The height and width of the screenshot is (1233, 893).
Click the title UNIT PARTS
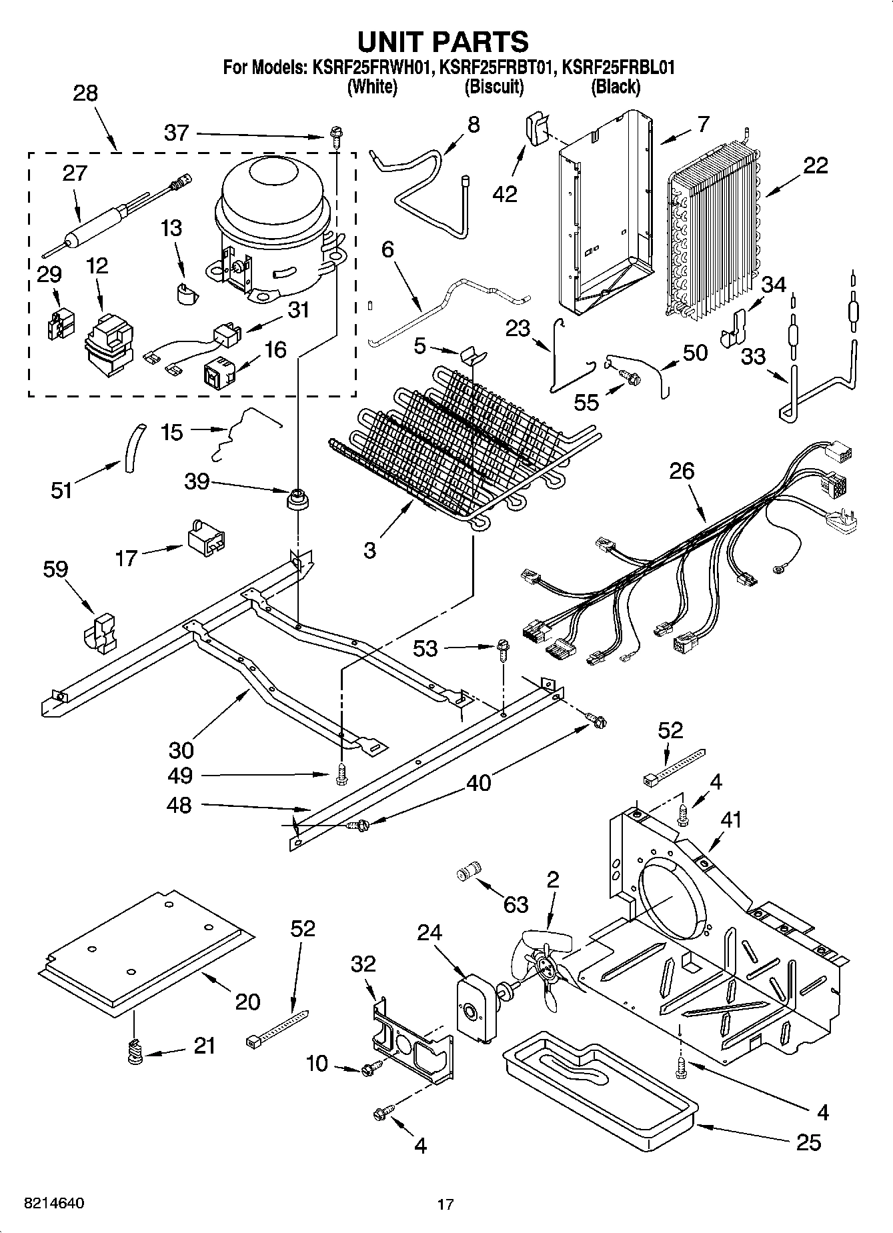coord(443,41)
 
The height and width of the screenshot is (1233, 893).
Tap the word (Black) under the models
coord(615,86)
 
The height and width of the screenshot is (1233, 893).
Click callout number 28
coord(85,93)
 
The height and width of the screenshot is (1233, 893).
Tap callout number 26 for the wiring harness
coord(682,471)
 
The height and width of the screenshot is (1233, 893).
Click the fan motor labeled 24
coord(476,1009)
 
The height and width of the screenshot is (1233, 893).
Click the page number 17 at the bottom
coord(445,1204)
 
